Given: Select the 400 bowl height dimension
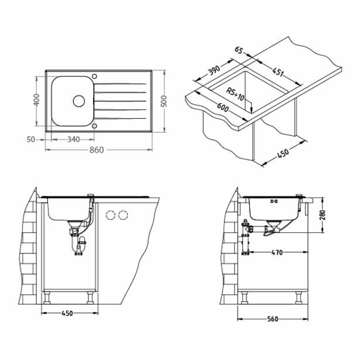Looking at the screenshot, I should pyautogui.click(x=36, y=101).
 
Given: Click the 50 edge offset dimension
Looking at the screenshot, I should pyautogui.click(x=31, y=140).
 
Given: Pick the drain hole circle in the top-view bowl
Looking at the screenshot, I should pyautogui.click(x=78, y=101).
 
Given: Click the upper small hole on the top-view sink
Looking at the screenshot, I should pyautogui.click(x=95, y=76).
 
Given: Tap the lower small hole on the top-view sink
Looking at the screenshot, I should pyautogui.click(x=95, y=125).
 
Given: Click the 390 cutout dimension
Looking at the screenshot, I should pyautogui.click(x=214, y=72).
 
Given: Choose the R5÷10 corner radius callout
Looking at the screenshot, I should pyautogui.click(x=237, y=94).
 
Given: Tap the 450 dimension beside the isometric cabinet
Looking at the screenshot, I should pyautogui.click(x=283, y=155).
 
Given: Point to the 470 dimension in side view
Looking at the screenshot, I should pyautogui.click(x=277, y=252).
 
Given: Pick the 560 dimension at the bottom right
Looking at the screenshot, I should pyautogui.click(x=273, y=320).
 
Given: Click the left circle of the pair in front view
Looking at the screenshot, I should pyautogui.click(x=110, y=216).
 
